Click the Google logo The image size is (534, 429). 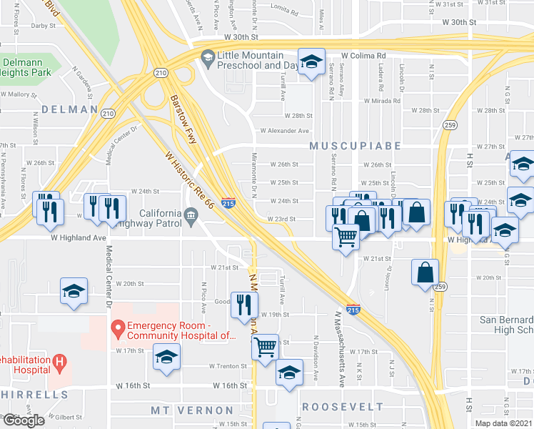[x=23, y=420]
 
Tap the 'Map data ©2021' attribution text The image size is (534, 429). [x=504, y=423]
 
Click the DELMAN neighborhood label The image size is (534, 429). [x=69, y=109]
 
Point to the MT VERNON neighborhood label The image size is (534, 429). [x=192, y=410]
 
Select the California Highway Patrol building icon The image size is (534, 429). [x=191, y=215]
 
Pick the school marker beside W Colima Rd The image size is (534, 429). [x=311, y=63]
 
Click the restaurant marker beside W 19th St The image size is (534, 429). [x=243, y=305]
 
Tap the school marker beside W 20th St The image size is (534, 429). [x=74, y=292]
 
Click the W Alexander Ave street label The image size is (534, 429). [x=284, y=131]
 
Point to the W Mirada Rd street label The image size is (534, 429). [x=385, y=101]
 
